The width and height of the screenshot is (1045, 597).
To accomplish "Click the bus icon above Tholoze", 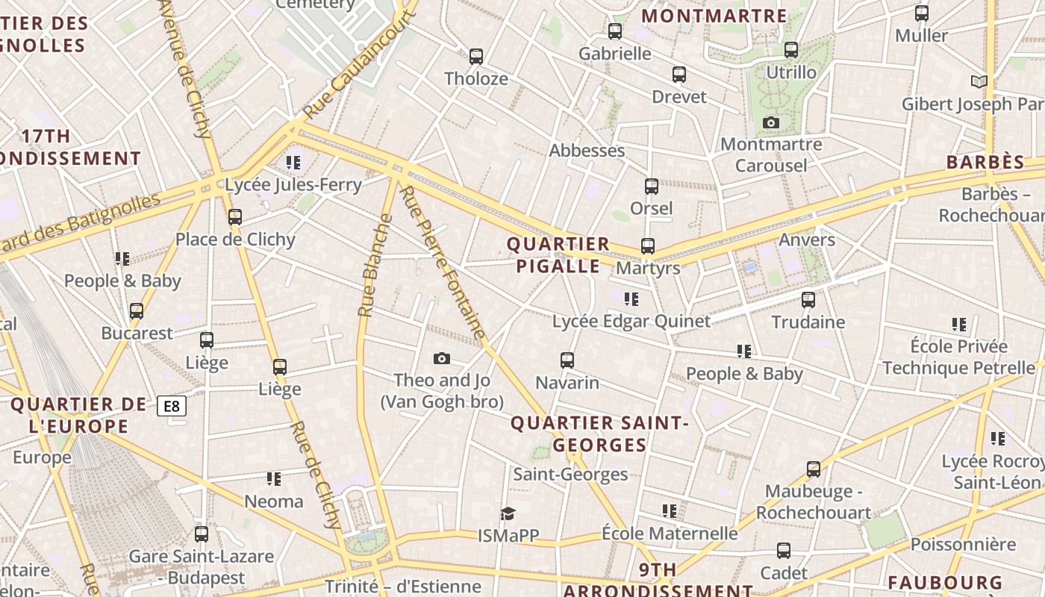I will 475,56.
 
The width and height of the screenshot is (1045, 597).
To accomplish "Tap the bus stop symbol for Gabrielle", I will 614,31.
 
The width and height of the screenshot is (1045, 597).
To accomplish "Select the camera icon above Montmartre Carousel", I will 771,122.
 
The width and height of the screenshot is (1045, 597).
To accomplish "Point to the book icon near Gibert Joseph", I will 979,81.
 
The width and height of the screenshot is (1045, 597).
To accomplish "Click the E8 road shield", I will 172,406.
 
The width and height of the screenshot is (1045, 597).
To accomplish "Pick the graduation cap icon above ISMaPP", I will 508,513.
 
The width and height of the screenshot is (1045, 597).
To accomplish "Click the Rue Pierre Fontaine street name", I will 443,263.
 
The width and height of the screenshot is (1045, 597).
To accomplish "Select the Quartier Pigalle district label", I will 558,255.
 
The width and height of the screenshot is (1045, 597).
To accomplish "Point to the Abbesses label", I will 587,151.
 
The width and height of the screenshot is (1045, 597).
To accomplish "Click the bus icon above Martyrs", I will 647,246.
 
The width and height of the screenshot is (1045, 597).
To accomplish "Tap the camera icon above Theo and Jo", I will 441,359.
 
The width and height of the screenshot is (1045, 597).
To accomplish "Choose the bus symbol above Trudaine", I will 808,300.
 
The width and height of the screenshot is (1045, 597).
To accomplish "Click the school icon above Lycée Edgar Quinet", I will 631,299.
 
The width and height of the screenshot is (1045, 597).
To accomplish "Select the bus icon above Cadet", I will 783,551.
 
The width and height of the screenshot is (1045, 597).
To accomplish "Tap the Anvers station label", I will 807,240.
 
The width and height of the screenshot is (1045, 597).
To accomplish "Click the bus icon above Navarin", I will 567,360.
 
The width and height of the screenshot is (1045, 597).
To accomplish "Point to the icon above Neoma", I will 274,479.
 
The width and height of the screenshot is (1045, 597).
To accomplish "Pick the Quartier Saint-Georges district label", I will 599,434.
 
